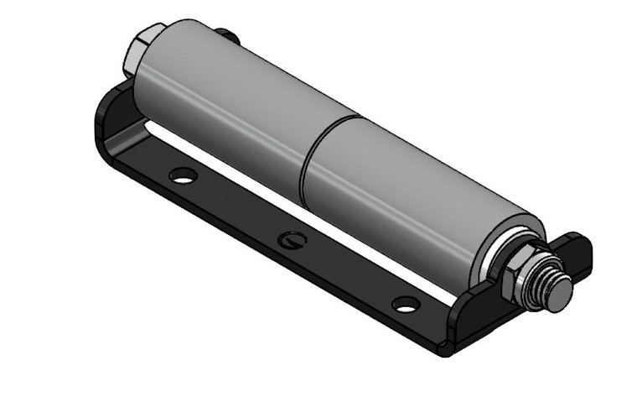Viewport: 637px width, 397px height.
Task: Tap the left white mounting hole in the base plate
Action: (182, 176)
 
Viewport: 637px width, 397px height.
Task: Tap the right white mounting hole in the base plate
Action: (406, 304)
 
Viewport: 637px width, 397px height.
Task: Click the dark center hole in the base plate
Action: (292, 240)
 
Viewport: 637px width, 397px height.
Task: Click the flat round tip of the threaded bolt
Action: (560, 292)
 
